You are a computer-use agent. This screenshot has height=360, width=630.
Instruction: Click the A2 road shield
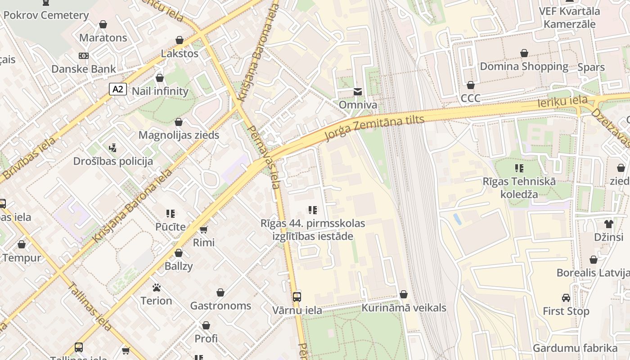pos(117,89)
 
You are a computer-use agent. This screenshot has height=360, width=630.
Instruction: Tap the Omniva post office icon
pos(358,92)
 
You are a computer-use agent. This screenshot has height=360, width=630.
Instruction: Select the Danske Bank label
pos(84,69)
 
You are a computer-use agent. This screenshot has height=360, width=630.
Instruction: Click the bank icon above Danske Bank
pos(84,56)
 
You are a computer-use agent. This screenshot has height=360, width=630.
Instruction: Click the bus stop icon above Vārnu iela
pos(297,297)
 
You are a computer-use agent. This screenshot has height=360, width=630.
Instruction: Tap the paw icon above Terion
pos(157,287)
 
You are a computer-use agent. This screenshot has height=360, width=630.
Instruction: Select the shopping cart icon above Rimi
pos(204,229)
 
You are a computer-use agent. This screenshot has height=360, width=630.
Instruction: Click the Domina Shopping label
pos(524,67)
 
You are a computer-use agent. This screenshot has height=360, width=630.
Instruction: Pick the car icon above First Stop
pos(566,298)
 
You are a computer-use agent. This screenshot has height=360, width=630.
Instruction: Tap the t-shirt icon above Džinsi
pos(609,224)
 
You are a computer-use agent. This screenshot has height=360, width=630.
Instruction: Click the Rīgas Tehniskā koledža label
pos(519,188)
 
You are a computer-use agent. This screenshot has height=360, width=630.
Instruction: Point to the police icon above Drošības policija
pos(113,148)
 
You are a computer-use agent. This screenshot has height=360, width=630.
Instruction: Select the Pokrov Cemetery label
pos(46,15)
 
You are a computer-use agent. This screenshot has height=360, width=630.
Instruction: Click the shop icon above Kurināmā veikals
pos(404,295)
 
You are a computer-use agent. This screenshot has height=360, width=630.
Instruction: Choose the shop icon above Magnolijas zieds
pos(179,122)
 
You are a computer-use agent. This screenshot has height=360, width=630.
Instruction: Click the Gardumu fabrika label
pos(575,348)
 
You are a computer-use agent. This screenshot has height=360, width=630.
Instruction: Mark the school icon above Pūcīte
pos(171,213)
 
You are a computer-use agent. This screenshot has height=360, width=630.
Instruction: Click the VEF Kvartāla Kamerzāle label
pos(569,17)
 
